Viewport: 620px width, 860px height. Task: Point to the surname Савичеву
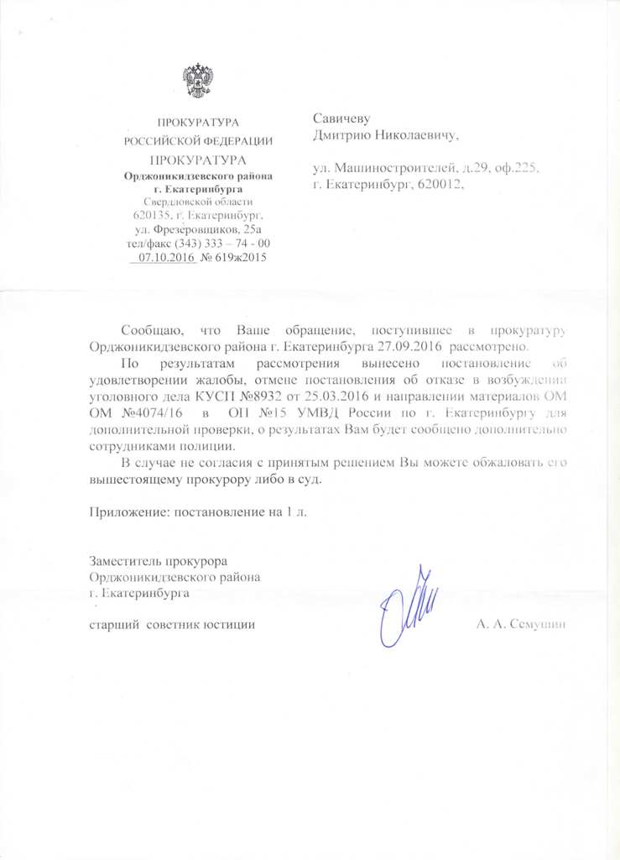coord(341,118)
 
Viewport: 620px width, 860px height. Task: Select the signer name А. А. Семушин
coord(522,626)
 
